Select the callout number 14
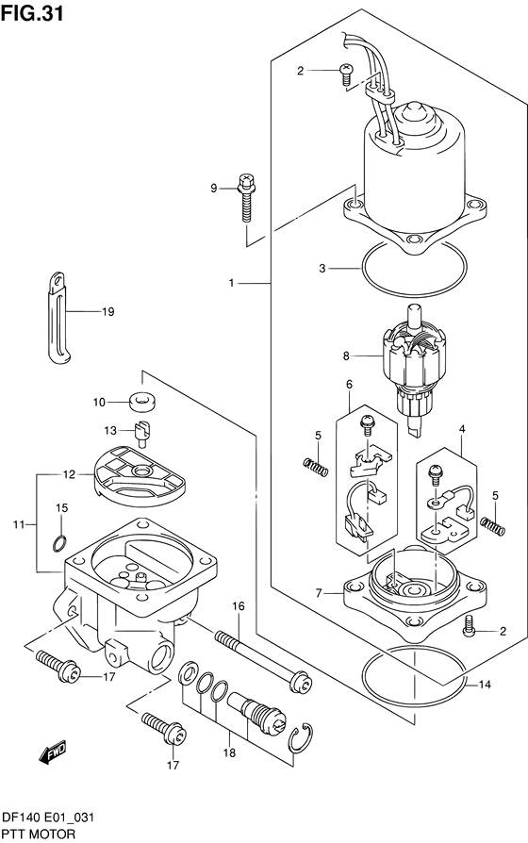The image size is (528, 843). tap(485, 685)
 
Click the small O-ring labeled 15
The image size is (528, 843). tap(58, 542)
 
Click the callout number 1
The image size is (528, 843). tap(231, 282)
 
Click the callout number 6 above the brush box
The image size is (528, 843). tap(348, 384)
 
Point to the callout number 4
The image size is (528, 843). tap(462, 428)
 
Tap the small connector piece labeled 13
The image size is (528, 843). tap(143, 436)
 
